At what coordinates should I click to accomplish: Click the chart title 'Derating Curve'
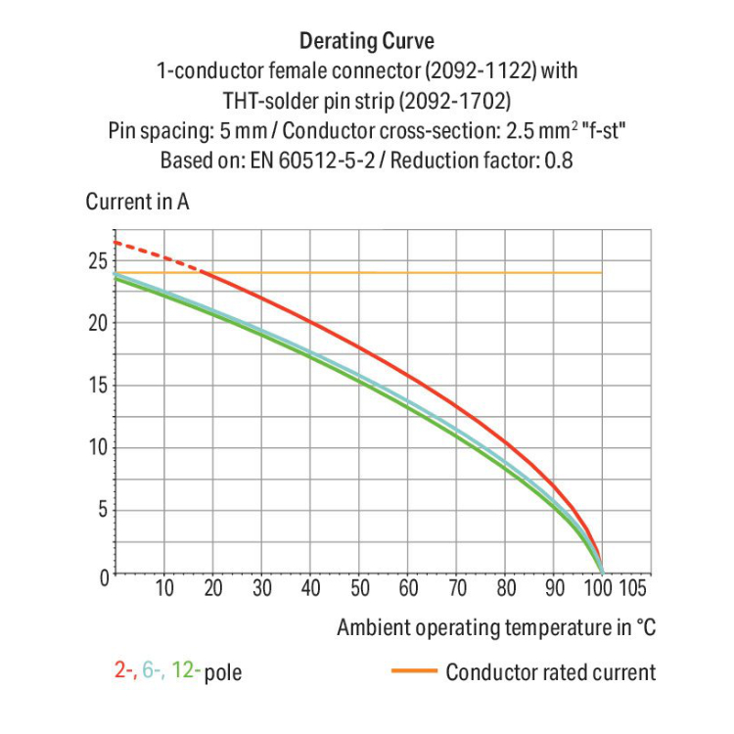(x=366, y=41)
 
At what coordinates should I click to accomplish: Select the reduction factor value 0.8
(x=558, y=160)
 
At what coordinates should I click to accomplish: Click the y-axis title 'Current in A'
(x=137, y=203)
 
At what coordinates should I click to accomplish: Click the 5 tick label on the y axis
(x=102, y=510)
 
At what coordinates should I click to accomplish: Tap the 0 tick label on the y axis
(x=102, y=574)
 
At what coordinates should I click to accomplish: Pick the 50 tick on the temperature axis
(x=360, y=588)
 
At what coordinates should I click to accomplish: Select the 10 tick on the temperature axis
(x=164, y=588)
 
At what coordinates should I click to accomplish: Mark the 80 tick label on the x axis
(x=506, y=588)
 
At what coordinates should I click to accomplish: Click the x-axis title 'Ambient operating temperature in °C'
(x=496, y=627)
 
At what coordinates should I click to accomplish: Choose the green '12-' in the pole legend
(x=186, y=671)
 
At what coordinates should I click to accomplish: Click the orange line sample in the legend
(x=412, y=671)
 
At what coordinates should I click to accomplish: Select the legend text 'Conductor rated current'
(x=550, y=672)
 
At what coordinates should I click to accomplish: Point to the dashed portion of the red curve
(x=157, y=254)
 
